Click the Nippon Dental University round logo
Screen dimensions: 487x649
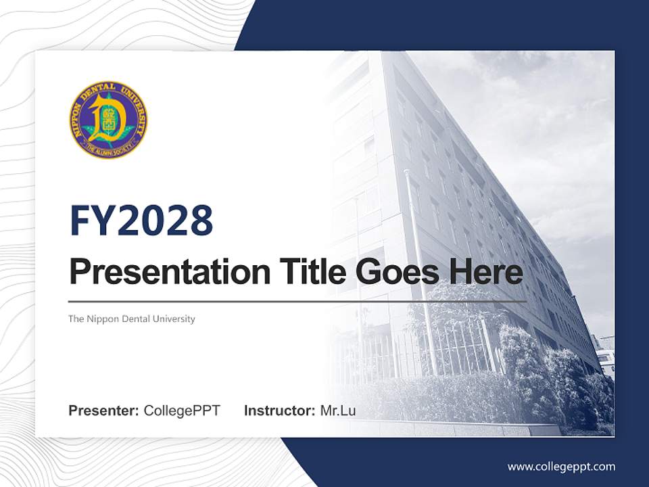coord(108,120)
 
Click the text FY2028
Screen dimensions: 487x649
coord(141,221)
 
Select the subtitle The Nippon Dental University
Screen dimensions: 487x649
coord(131,319)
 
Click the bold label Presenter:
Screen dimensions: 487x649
coord(104,411)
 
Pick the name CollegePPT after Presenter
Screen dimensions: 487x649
coord(182,411)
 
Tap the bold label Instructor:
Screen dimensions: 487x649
coord(279,411)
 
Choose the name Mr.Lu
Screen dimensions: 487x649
coord(337,411)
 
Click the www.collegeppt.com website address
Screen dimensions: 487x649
coord(561,466)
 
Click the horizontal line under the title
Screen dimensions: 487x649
coord(297,301)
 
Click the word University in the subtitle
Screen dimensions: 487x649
coord(175,319)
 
